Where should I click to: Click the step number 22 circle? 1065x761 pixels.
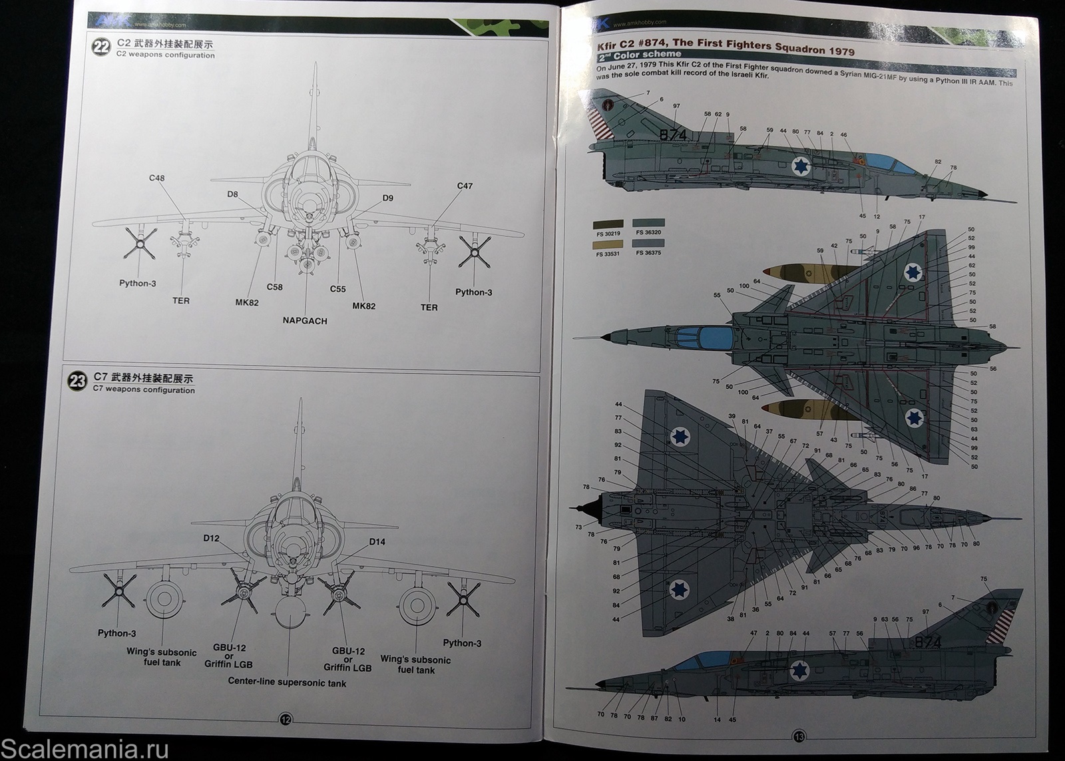tap(102, 49)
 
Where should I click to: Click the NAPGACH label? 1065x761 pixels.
tap(305, 321)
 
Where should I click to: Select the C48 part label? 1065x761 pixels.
tap(157, 178)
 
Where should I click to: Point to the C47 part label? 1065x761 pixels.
tap(465, 186)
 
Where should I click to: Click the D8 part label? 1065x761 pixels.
tap(232, 194)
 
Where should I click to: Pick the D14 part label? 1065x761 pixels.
tap(377, 541)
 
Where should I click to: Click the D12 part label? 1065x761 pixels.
tap(212, 538)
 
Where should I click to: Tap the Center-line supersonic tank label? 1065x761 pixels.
tap(287, 682)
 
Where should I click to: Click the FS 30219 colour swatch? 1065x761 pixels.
tap(608, 225)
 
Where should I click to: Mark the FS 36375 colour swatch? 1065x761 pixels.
tap(648, 244)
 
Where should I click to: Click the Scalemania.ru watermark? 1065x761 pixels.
tap(85, 748)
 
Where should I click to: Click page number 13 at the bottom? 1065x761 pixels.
tap(799, 736)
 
